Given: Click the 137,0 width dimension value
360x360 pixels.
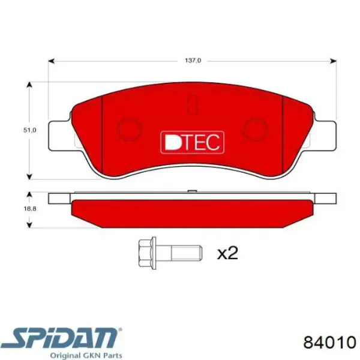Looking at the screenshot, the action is [x=193, y=61].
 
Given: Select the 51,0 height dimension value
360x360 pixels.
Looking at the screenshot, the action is [x=30, y=130].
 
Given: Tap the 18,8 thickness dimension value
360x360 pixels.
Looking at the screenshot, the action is [x=30, y=209].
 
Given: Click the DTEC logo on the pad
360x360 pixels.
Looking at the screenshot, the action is [x=193, y=142].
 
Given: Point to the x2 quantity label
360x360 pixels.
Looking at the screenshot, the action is [x=227, y=253].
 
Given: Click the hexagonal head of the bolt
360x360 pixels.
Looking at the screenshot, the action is [x=147, y=253].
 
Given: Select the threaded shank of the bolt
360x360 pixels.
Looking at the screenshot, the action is [x=179, y=253].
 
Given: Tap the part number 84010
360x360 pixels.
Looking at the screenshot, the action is [x=329, y=343].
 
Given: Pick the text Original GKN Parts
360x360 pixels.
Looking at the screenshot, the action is [x=86, y=355].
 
